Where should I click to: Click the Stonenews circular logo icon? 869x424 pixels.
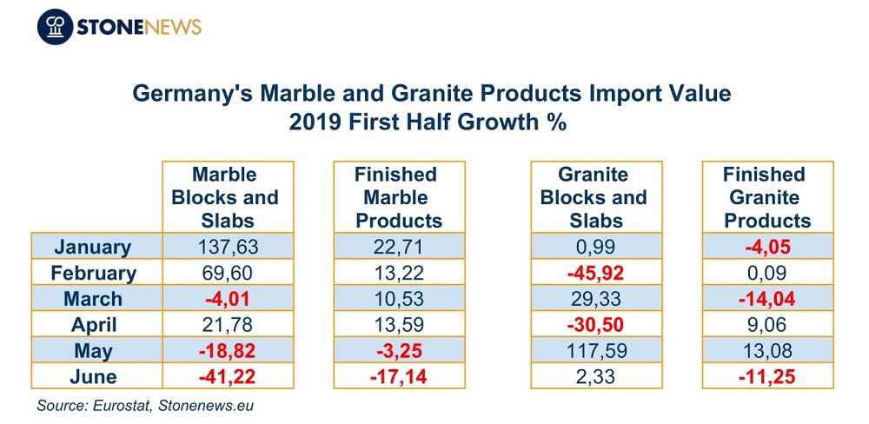55,27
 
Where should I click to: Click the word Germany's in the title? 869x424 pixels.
188,94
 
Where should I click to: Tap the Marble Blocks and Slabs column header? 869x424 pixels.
228,197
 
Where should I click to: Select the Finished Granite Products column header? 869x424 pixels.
767,197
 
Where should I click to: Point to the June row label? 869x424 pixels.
93,377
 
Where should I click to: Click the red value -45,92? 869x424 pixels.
596,273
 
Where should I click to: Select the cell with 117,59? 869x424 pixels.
596,351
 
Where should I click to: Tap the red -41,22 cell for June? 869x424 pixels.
228,377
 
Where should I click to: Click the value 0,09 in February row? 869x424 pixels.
767,273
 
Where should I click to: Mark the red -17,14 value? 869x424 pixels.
399,377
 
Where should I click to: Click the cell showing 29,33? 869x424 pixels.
596,299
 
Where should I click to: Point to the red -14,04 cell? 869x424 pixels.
767,299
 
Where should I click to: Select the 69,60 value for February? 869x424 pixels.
228,273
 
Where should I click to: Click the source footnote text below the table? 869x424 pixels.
145,406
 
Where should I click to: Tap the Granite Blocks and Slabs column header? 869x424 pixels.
596,197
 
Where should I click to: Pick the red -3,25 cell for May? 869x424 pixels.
399,351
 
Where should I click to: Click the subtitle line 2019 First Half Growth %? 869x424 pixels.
428,122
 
